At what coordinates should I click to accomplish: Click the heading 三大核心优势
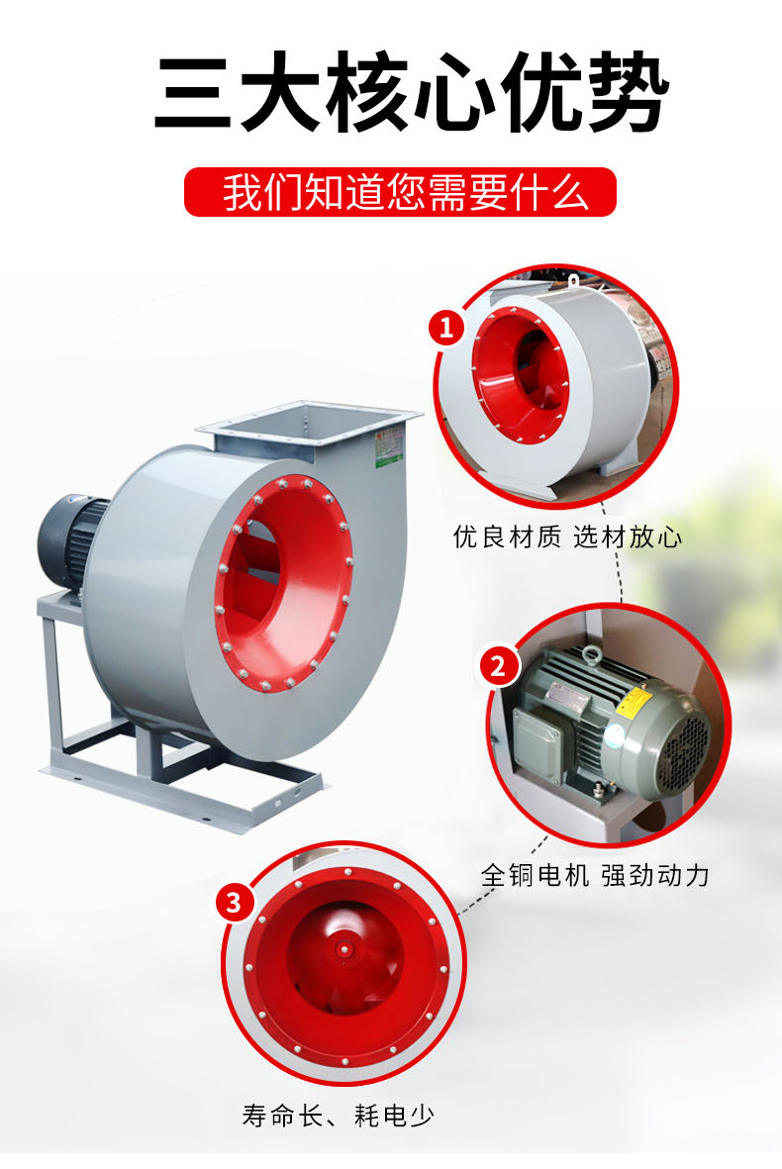pyautogui.click(x=412, y=92)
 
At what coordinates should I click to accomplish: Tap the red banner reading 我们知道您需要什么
pyautogui.click(x=400, y=192)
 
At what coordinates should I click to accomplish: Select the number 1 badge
pyautogui.click(x=445, y=327)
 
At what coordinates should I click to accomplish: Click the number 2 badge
pyautogui.click(x=497, y=665)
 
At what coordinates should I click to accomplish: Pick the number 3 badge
pyautogui.click(x=234, y=903)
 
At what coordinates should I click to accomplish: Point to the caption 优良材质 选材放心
pyautogui.click(x=567, y=536)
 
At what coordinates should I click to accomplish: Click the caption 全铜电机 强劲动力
pyautogui.click(x=595, y=874)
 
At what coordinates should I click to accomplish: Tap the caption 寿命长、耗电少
pyautogui.click(x=338, y=1117)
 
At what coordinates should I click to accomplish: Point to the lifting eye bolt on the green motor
pyautogui.click(x=593, y=654)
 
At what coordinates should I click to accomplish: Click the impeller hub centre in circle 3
pyautogui.click(x=343, y=949)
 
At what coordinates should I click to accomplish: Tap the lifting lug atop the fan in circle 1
pyautogui.click(x=573, y=282)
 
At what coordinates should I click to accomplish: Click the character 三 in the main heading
pyautogui.click(x=195, y=93)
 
